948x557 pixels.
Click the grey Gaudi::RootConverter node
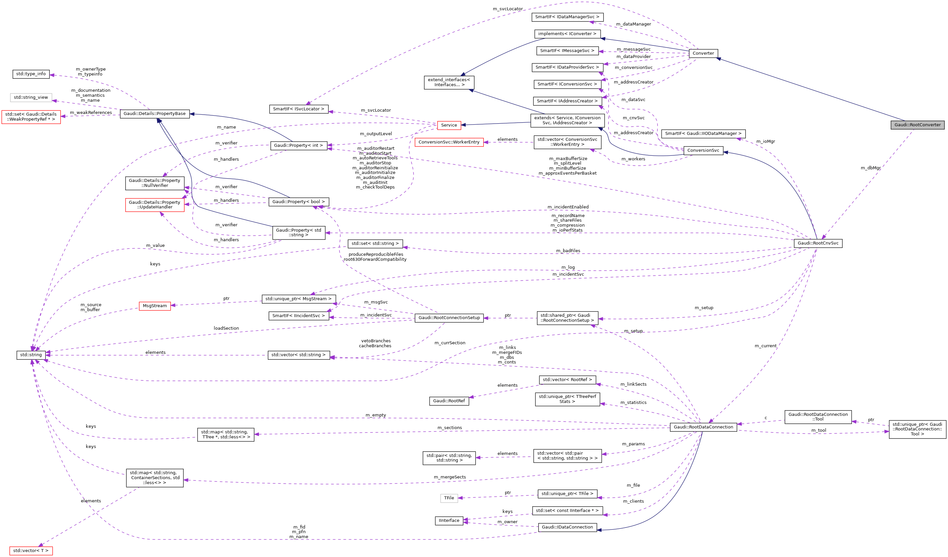point(917,125)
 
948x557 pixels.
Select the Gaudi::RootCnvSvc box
point(818,243)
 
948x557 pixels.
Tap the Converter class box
point(703,53)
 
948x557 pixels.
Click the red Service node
point(449,125)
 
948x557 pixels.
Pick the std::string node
point(31,355)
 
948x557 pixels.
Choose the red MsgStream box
point(154,306)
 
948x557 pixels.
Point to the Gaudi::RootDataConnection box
point(703,427)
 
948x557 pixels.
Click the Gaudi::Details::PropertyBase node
point(154,114)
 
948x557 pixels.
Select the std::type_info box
point(31,74)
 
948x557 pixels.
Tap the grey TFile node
point(449,498)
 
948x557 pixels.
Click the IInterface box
point(449,521)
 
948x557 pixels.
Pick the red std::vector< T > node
point(31,551)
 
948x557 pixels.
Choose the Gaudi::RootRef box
point(449,401)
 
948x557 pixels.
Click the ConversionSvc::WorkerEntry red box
point(449,142)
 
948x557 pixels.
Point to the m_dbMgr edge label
point(870,168)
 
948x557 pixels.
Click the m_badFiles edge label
point(568,251)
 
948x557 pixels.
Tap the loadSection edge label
point(226,328)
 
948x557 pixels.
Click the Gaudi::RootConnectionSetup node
point(449,318)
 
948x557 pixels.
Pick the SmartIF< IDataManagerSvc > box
point(567,17)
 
